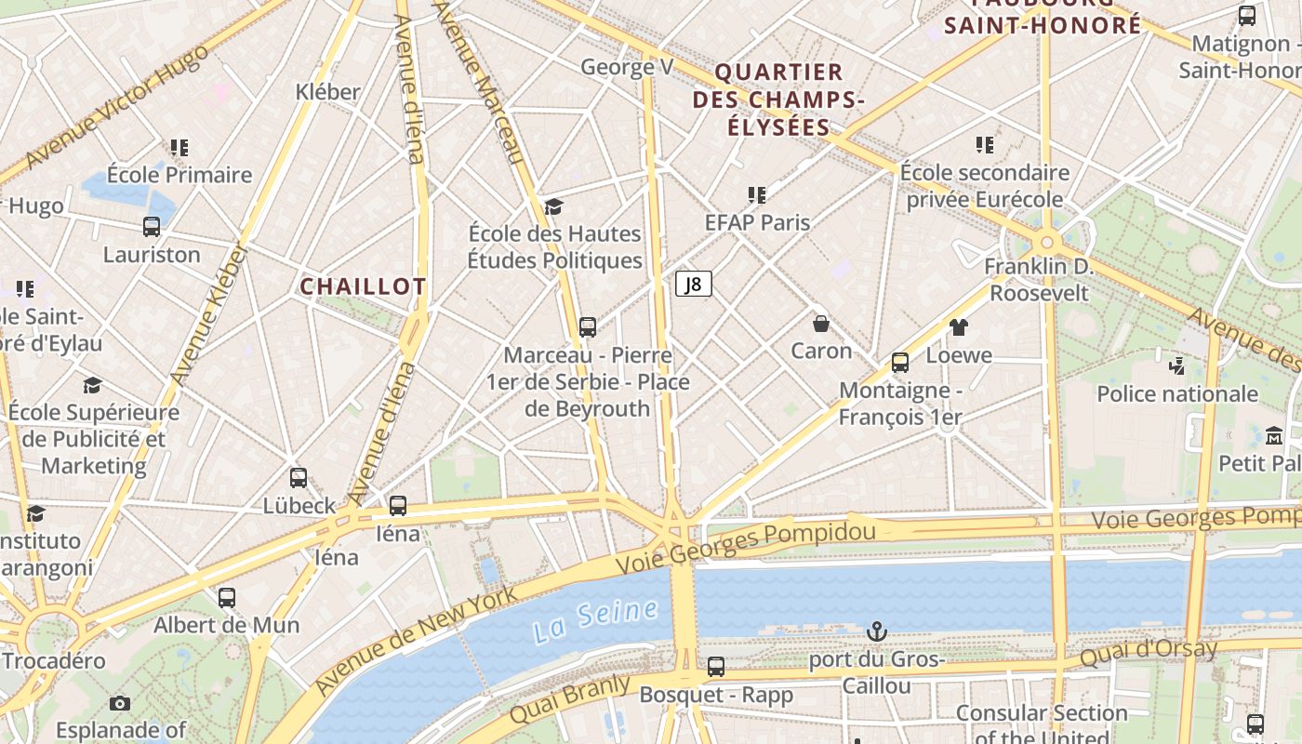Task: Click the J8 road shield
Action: point(694,284)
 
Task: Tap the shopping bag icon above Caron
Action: point(821,324)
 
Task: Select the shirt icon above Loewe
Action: point(959,327)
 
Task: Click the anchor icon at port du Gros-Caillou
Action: point(876,632)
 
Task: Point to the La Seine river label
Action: point(596,620)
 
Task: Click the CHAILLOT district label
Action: point(363,286)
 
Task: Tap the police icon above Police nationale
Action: point(1176,365)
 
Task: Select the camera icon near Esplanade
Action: point(120,703)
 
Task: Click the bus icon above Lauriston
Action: point(152,227)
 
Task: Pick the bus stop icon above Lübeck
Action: point(299,478)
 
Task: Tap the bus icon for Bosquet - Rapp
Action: point(716,667)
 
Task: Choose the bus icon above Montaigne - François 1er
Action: point(900,363)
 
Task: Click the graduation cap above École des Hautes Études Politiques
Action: point(554,206)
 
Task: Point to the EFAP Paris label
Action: point(757,222)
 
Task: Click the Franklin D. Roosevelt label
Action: point(1039,280)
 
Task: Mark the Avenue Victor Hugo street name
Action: point(115,108)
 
